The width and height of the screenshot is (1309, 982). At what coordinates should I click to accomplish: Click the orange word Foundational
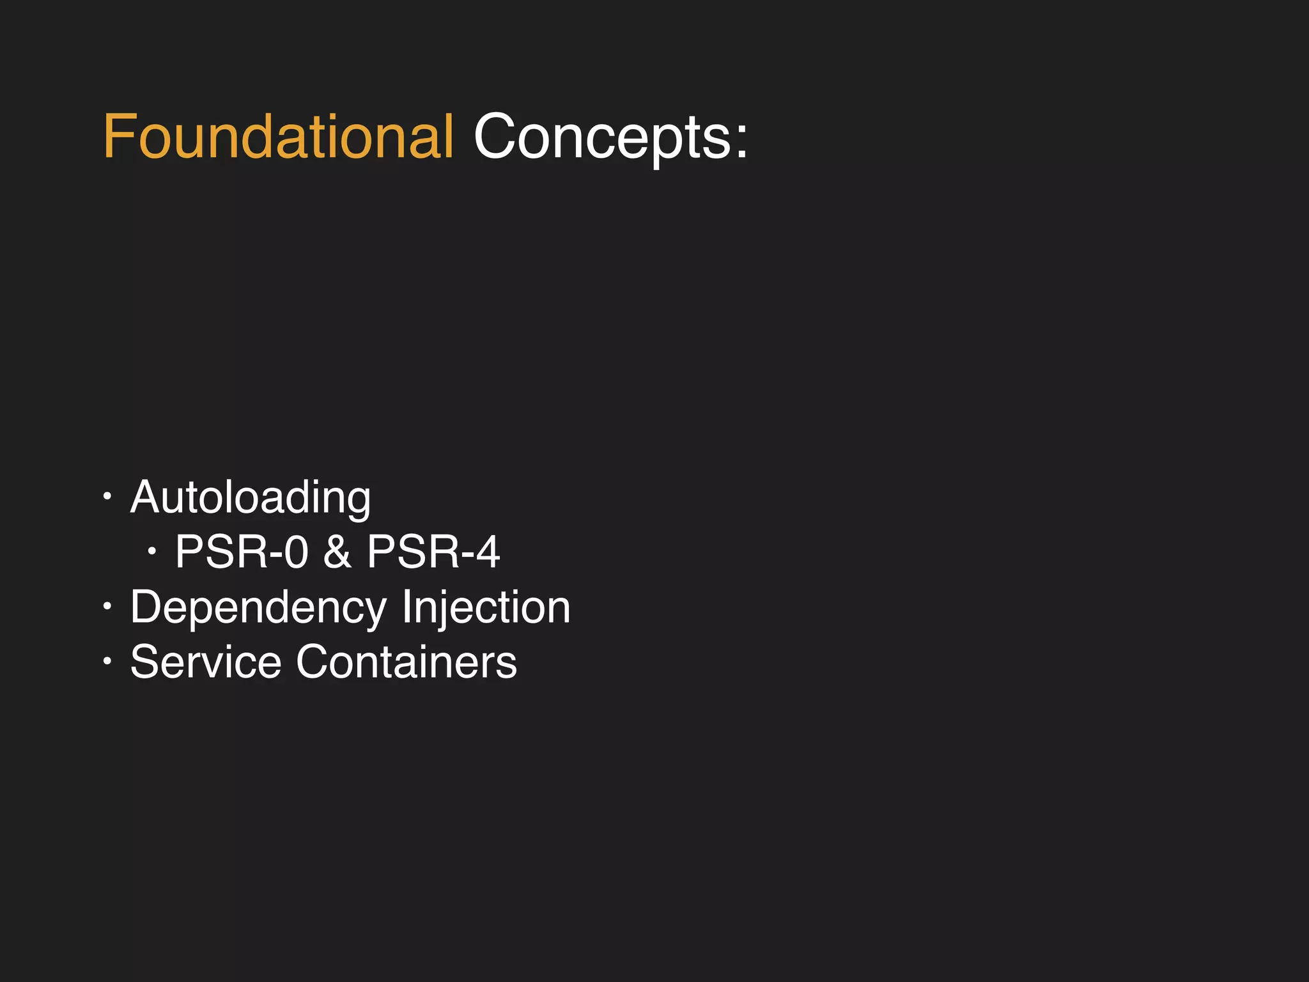[278, 137]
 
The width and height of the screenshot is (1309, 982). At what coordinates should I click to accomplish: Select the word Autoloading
[250, 498]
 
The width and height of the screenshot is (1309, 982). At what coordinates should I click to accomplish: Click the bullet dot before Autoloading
[107, 495]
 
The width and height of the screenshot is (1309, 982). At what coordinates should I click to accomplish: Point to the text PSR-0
[242, 552]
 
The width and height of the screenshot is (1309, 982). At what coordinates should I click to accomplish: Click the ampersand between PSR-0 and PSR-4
[337, 552]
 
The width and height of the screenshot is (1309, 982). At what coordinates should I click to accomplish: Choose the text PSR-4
[433, 552]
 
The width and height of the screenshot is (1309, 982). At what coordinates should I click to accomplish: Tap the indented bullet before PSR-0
[151, 550]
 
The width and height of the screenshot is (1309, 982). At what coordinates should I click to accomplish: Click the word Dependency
[258, 608]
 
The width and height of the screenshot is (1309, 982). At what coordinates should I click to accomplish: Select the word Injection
[486, 608]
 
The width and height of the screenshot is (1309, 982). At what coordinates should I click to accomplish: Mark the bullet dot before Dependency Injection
[107, 605]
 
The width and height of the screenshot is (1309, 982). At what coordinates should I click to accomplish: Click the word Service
[205, 662]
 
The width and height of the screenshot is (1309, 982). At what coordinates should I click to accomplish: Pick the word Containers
[406, 662]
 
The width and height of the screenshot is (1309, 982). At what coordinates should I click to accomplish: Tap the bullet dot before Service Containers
[107, 660]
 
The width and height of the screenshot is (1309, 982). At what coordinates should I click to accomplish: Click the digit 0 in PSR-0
[297, 552]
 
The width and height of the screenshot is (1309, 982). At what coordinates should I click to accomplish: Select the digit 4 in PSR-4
[488, 552]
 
